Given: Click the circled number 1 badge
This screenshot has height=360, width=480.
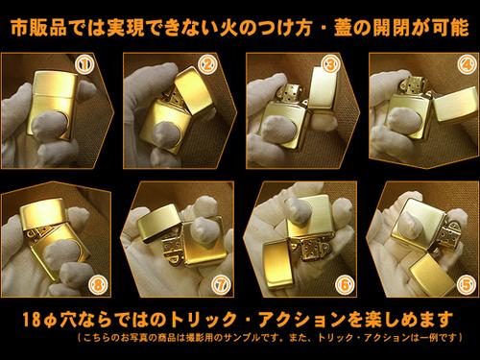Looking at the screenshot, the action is [84, 64].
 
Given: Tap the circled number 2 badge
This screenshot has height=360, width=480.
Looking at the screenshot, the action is [208, 64].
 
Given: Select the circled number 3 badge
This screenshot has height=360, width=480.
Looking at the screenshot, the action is [330, 64].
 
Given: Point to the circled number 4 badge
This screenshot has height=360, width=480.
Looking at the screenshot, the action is [467, 64].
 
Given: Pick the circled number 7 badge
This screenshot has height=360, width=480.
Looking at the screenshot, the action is [222, 284].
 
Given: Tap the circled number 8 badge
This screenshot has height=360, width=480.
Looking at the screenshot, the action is [98, 284].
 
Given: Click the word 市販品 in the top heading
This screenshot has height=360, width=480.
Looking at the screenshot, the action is [38, 28].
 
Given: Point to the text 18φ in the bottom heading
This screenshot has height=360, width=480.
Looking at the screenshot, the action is [40, 320].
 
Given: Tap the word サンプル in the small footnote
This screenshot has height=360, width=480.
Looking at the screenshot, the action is [241, 338].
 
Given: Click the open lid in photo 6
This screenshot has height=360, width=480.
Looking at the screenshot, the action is [277, 265].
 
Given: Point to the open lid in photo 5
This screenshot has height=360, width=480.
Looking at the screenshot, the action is [433, 275].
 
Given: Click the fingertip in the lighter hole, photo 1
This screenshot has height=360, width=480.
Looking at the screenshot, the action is [51, 126].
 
